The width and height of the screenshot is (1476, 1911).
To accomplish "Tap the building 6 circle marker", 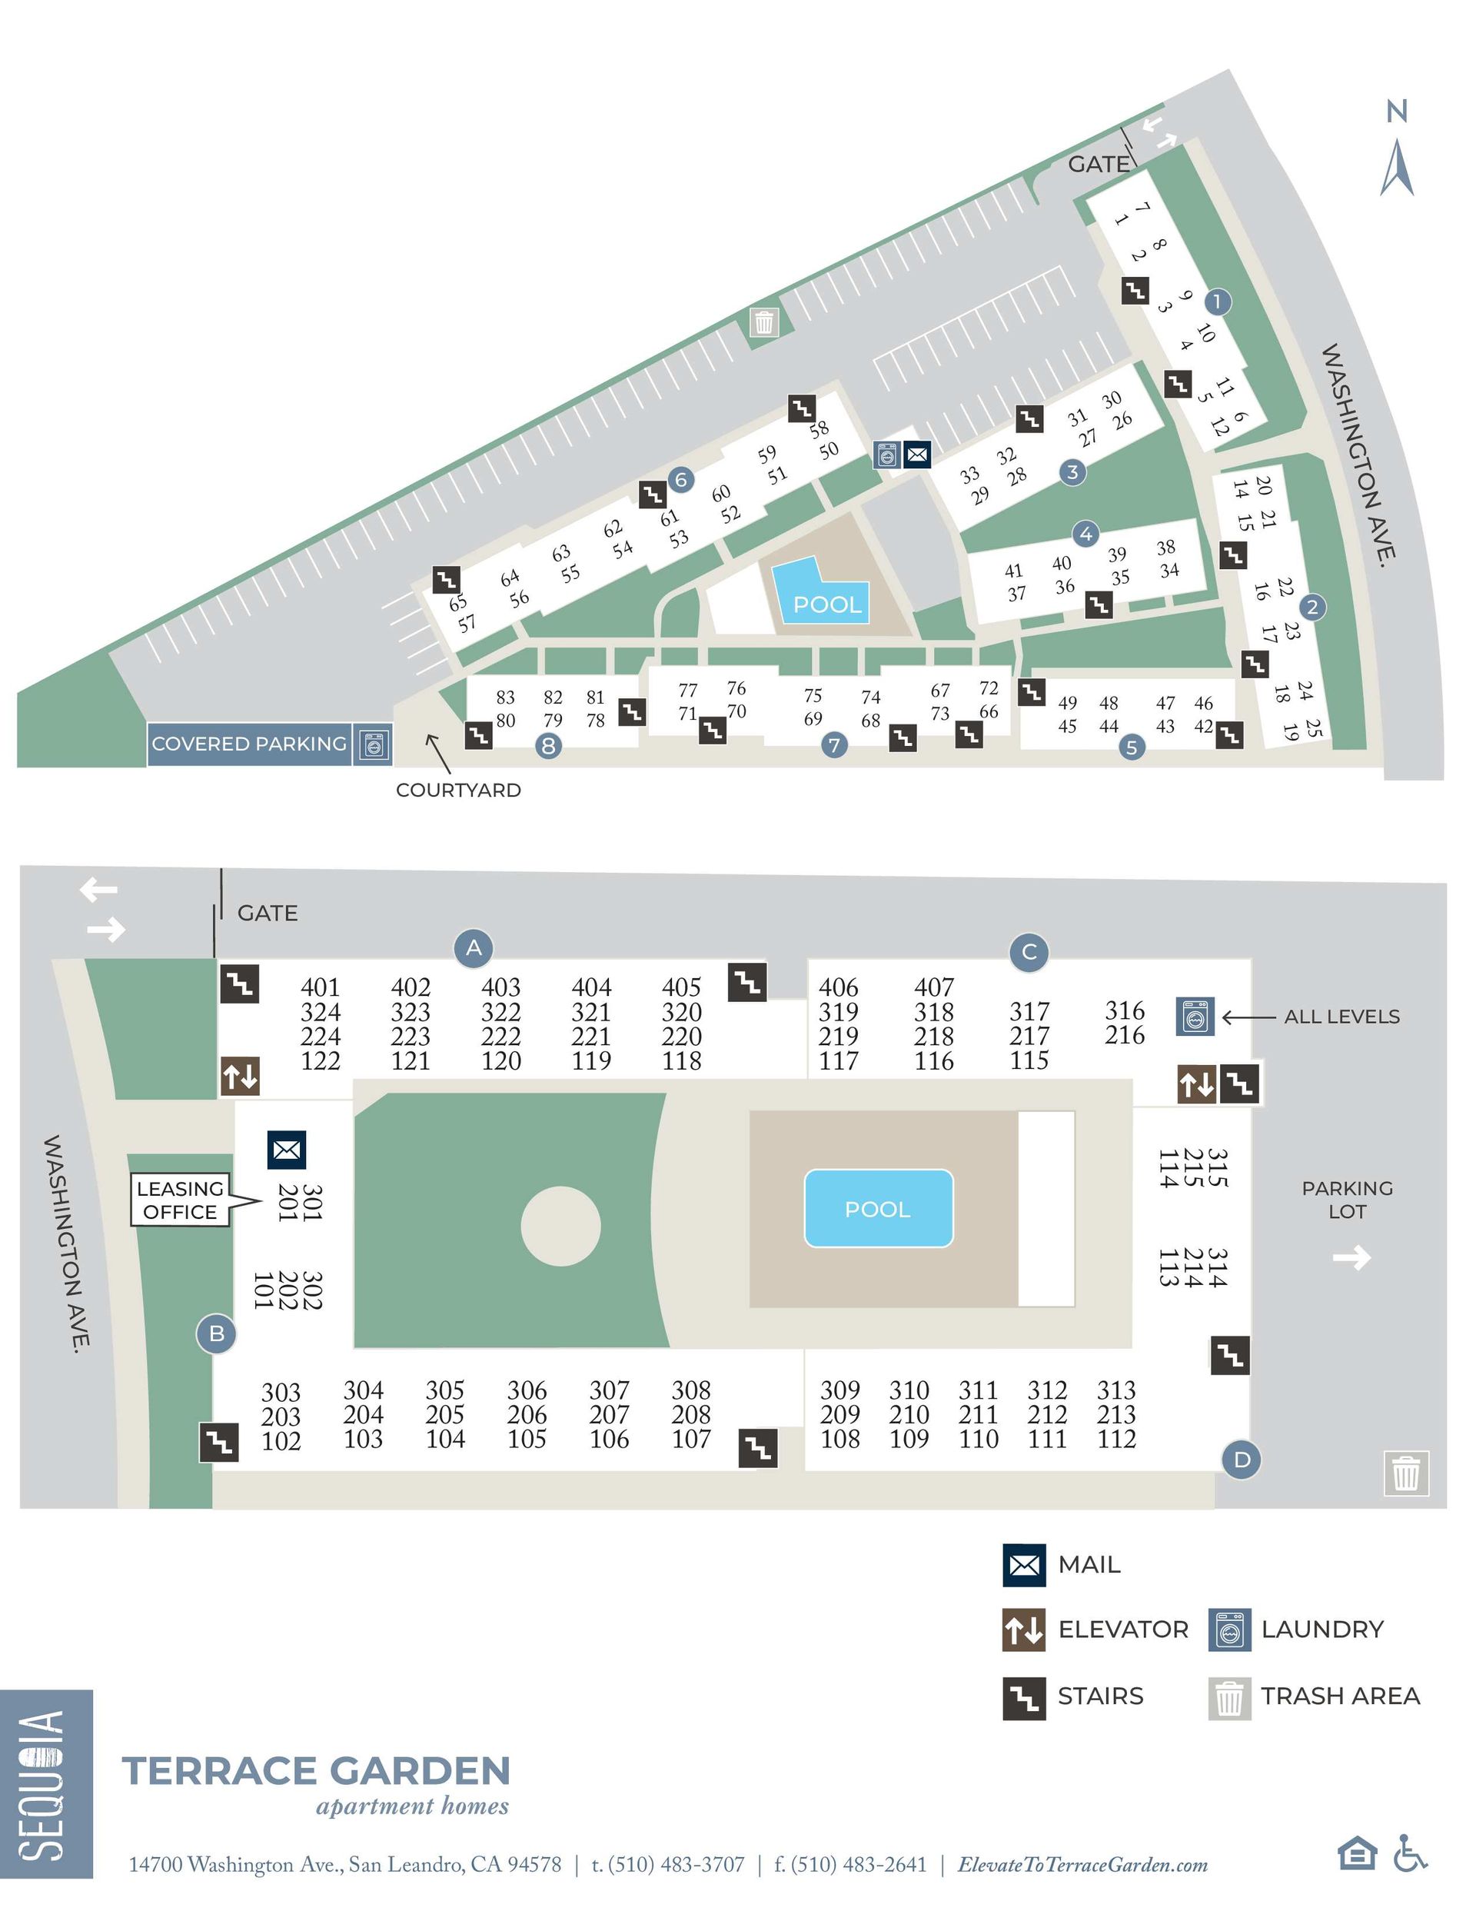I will [680, 480].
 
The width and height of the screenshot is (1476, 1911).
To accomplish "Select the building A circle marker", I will [474, 947].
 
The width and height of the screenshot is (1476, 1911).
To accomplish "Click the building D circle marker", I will [1242, 1459].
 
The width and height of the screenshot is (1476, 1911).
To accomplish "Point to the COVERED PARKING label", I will [249, 744].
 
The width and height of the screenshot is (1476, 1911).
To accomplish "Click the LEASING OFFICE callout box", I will [179, 1200].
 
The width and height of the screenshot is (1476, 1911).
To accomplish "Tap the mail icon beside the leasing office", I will [286, 1150].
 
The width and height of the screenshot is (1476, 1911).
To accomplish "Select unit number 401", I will [321, 987].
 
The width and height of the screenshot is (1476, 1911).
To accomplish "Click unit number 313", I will [1116, 1390].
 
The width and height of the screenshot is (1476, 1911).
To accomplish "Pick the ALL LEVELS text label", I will [1341, 1017].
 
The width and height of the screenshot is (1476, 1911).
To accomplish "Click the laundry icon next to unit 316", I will [1195, 1017].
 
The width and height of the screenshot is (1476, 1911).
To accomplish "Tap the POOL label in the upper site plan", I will [827, 604].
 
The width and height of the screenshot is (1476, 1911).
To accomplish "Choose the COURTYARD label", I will [458, 790].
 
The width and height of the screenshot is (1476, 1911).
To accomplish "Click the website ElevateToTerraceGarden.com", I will [1082, 1865].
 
